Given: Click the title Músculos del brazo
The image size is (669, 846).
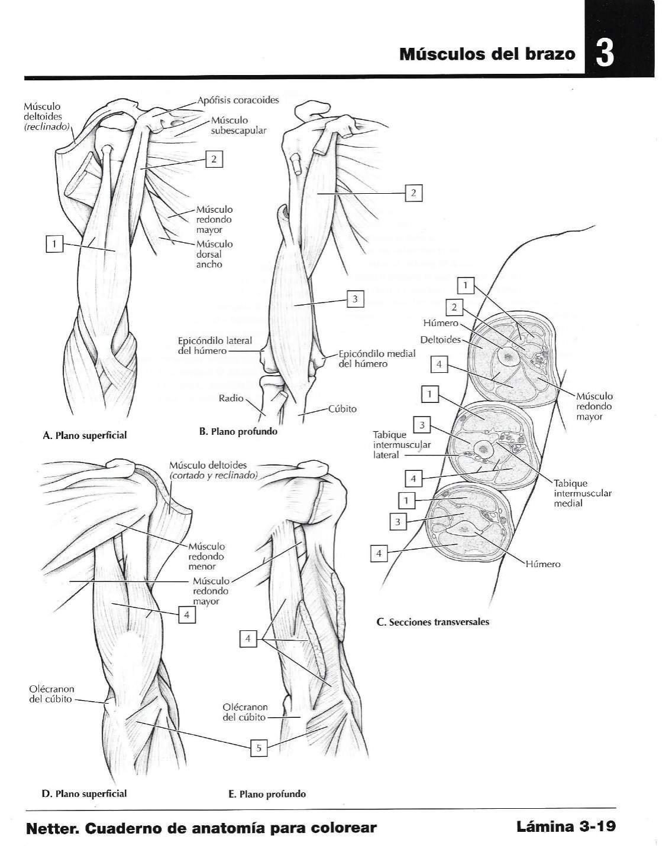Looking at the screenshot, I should click(x=487, y=54).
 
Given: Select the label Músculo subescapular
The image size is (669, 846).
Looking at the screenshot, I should click(x=238, y=125).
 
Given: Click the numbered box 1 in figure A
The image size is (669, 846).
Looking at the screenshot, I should click(x=54, y=243).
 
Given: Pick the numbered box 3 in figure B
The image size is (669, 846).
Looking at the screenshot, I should click(x=354, y=299).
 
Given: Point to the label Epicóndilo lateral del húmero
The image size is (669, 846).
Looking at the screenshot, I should click(x=215, y=346).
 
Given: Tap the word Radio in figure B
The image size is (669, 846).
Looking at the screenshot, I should click(x=231, y=398).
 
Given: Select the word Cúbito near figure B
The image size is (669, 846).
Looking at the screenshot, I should click(x=342, y=409).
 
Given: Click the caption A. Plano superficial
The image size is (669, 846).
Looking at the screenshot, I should click(x=85, y=435).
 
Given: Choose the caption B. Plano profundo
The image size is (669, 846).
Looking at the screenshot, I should click(x=238, y=431).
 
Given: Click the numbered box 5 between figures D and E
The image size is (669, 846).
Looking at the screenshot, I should click(x=258, y=748).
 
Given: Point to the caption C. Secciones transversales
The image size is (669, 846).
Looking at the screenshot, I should click(x=432, y=622).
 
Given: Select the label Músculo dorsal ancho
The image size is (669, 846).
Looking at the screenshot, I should click(x=214, y=254).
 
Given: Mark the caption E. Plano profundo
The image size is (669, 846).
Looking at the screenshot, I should click(x=267, y=794).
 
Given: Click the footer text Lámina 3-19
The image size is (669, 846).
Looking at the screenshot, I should click(x=566, y=826).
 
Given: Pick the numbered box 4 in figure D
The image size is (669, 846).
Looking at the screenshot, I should click(x=186, y=615).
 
